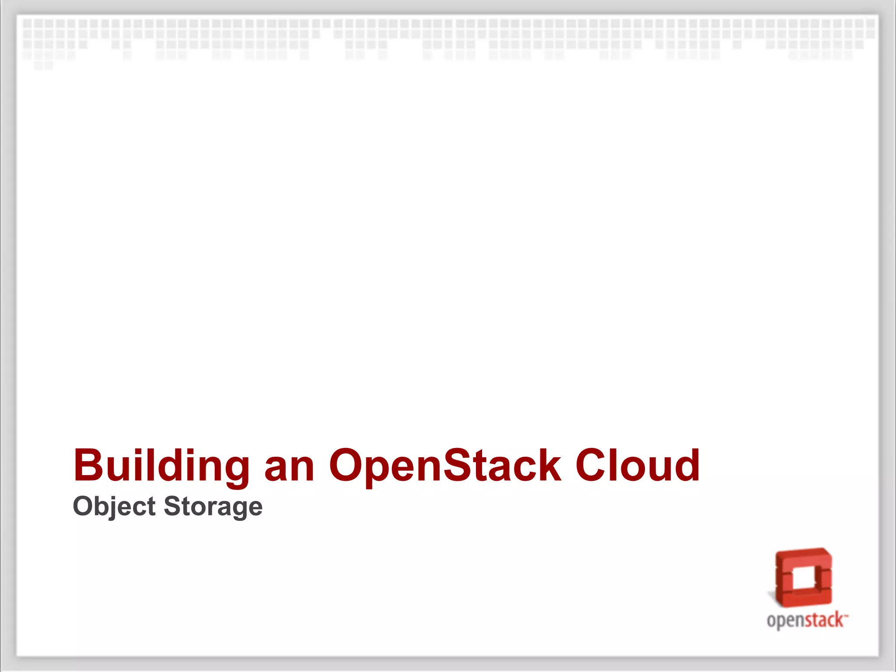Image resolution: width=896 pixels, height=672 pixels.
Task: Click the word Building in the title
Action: [161, 465]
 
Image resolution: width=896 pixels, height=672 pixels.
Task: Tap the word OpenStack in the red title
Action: [445, 465]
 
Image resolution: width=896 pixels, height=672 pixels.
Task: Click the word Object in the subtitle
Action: [114, 507]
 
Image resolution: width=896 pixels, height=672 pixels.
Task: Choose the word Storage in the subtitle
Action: [213, 507]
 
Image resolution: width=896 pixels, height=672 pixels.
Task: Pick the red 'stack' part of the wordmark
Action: [824, 620]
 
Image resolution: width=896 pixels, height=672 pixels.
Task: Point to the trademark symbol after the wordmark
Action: [846, 615]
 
